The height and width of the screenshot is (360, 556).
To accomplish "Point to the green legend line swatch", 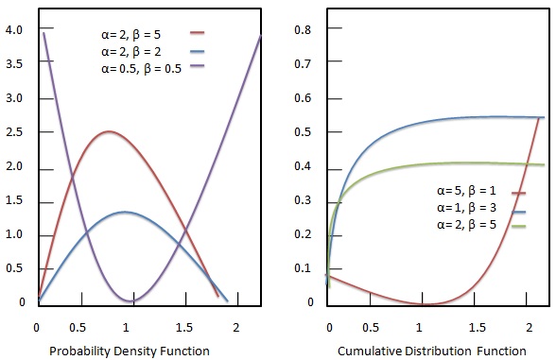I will pyautogui.click(x=518, y=227).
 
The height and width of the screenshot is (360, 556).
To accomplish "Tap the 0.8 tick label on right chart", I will pyautogui.click(x=303, y=29).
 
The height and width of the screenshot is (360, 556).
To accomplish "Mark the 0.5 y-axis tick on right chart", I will pyautogui.click(x=303, y=132).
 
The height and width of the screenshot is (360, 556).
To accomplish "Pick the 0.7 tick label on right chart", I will pyautogui.click(x=303, y=64).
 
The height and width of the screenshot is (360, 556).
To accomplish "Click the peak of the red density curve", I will pyautogui.click(x=111, y=131).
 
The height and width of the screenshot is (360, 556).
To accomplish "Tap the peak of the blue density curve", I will pyautogui.click(x=127, y=212).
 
